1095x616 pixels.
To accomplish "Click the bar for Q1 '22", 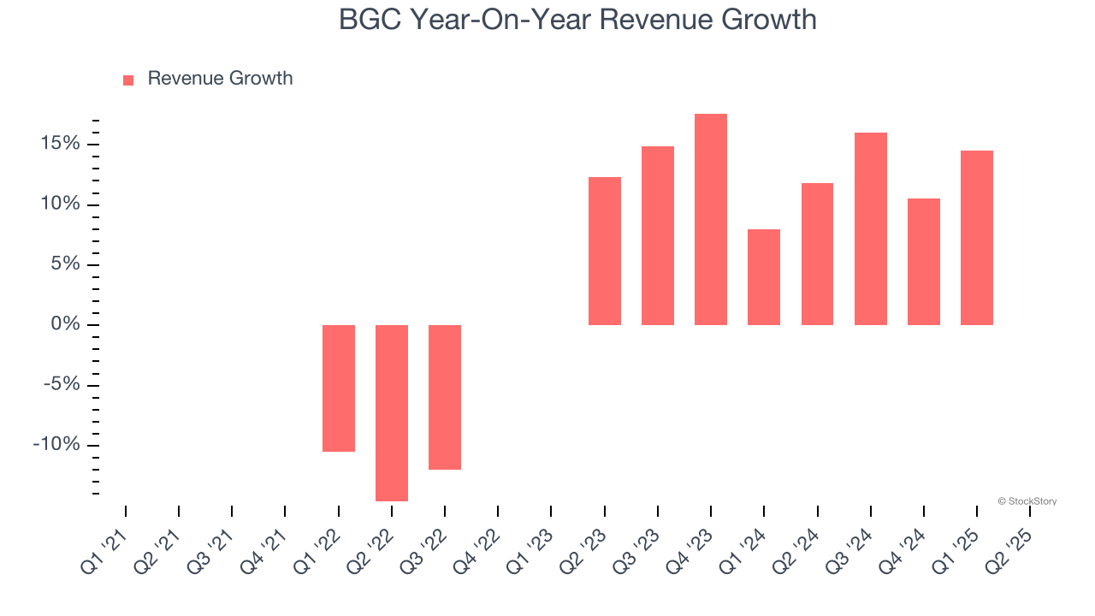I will click(x=339, y=388).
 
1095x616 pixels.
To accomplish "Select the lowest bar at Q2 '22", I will click(x=392, y=412).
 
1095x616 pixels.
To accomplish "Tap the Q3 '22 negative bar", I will click(x=445, y=397).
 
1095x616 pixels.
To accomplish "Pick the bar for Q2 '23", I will click(x=605, y=251).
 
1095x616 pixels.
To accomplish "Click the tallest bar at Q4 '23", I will click(x=711, y=219).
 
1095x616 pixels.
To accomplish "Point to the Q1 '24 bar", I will click(x=764, y=276).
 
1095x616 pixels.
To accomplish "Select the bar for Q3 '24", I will click(x=871, y=228).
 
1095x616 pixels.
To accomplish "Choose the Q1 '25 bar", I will click(x=977, y=237).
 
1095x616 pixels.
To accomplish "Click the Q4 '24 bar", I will click(x=924, y=261).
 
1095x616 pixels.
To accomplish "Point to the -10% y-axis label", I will click(x=56, y=445).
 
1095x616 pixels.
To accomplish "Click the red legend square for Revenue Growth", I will click(x=128, y=80).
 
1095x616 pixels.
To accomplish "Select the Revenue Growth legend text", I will click(x=220, y=79).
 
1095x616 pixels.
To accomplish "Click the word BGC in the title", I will click(x=371, y=19).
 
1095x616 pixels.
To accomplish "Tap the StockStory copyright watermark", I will click(x=1027, y=501).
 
